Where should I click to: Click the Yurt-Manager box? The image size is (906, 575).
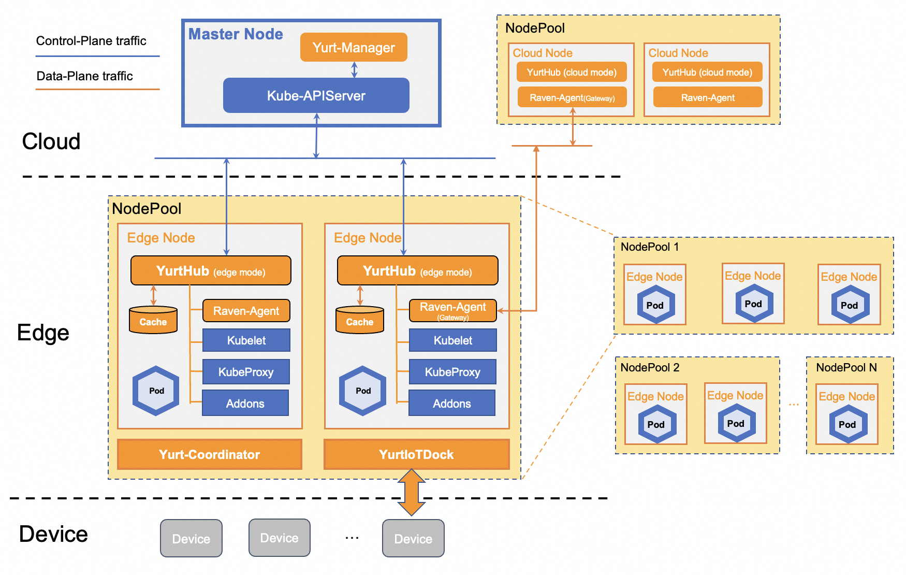pyautogui.click(x=354, y=48)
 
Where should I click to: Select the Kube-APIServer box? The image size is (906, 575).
pyautogui.click(x=316, y=96)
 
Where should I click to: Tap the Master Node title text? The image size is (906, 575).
pyautogui.click(x=236, y=34)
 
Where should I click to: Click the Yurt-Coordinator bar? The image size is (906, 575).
pyautogui.click(x=210, y=454)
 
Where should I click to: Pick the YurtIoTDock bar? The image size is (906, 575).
pyautogui.click(x=416, y=454)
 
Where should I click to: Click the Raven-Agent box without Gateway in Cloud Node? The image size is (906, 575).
pyautogui.click(x=708, y=97)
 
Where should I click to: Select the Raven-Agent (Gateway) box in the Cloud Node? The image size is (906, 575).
pyautogui.click(x=572, y=97)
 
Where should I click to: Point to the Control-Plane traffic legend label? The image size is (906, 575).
pyautogui.click(x=91, y=41)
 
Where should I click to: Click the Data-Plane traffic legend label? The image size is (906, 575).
pyautogui.click(x=85, y=76)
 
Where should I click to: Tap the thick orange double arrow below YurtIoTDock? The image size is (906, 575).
pyautogui.click(x=412, y=492)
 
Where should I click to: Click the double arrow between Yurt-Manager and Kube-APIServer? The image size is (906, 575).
pyautogui.click(x=355, y=69)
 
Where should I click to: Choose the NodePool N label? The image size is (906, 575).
pyautogui.click(x=846, y=368)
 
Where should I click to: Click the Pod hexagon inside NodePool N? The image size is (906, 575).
pyautogui.click(x=847, y=424)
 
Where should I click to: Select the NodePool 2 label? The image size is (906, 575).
pyautogui.click(x=650, y=368)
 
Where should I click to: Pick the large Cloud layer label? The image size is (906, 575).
pyautogui.click(x=51, y=141)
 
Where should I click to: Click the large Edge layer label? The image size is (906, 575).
pyautogui.click(x=43, y=333)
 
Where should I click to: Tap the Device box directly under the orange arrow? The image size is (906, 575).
pyautogui.click(x=413, y=539)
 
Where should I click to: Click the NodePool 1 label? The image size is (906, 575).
pyautogui.click(x=650, y=247)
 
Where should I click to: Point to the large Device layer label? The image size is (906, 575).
pyautogui.click(x=53, y=534)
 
